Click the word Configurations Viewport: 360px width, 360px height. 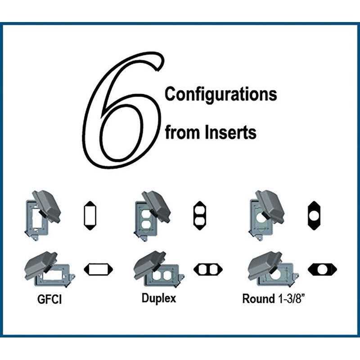click(x=221, y=94)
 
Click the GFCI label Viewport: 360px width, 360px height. click(x=49, y=299)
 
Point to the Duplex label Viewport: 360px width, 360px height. click(x=159, y=299)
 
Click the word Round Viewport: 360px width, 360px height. click(x=258, y=299)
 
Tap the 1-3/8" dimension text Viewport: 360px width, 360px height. click(x=292, y=299)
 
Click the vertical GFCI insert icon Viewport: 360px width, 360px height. click(x=90, y=216)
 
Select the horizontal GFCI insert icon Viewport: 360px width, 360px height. click(x=98, y=270)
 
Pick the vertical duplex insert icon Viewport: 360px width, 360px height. click(x=200, y=216)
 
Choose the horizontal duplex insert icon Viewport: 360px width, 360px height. click(x=208, y=270)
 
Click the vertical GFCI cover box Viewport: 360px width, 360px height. click(x=43, y=216)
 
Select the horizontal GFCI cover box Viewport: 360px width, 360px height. click(x=49, y=270)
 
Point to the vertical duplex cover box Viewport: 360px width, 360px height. click(x=152, y=216)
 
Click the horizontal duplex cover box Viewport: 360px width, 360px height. click(x=159, y=270)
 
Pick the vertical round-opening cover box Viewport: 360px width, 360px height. click(x=266, y=216)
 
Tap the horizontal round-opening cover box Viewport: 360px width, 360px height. click(x=273, y=270)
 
